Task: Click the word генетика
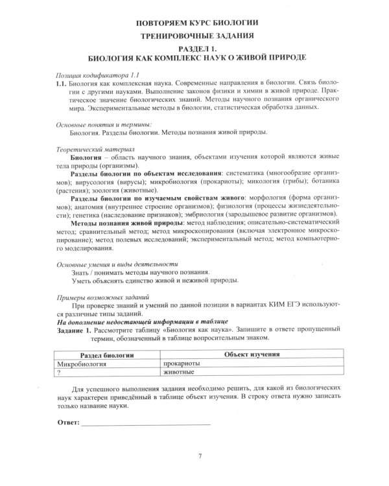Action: pyautogui.click(x=77, y=213)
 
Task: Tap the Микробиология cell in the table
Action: pyautogui.click(x=82, y=364)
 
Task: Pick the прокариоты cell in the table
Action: pyautogui.click(x=185, y=364)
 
